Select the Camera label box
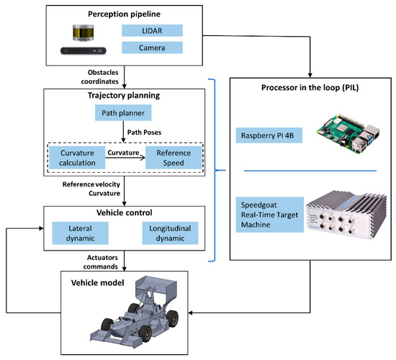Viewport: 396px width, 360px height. tap(151, 48)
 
